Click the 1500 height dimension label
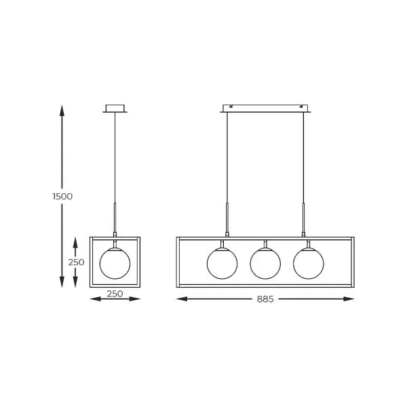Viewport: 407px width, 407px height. [62, 197]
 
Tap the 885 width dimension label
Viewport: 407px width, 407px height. [265, 299]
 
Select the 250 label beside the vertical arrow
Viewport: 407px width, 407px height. [76, 263]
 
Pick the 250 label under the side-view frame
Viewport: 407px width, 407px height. [115, 294]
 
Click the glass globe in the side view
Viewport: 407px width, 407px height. [115, 263]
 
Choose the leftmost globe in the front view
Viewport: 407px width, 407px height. [222, 263]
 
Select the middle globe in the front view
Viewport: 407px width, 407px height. [265, 263]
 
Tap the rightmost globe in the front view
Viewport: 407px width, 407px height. [309, 263]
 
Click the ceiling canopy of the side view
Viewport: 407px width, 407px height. [115, 109]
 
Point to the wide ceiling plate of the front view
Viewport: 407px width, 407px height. [265, 109]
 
